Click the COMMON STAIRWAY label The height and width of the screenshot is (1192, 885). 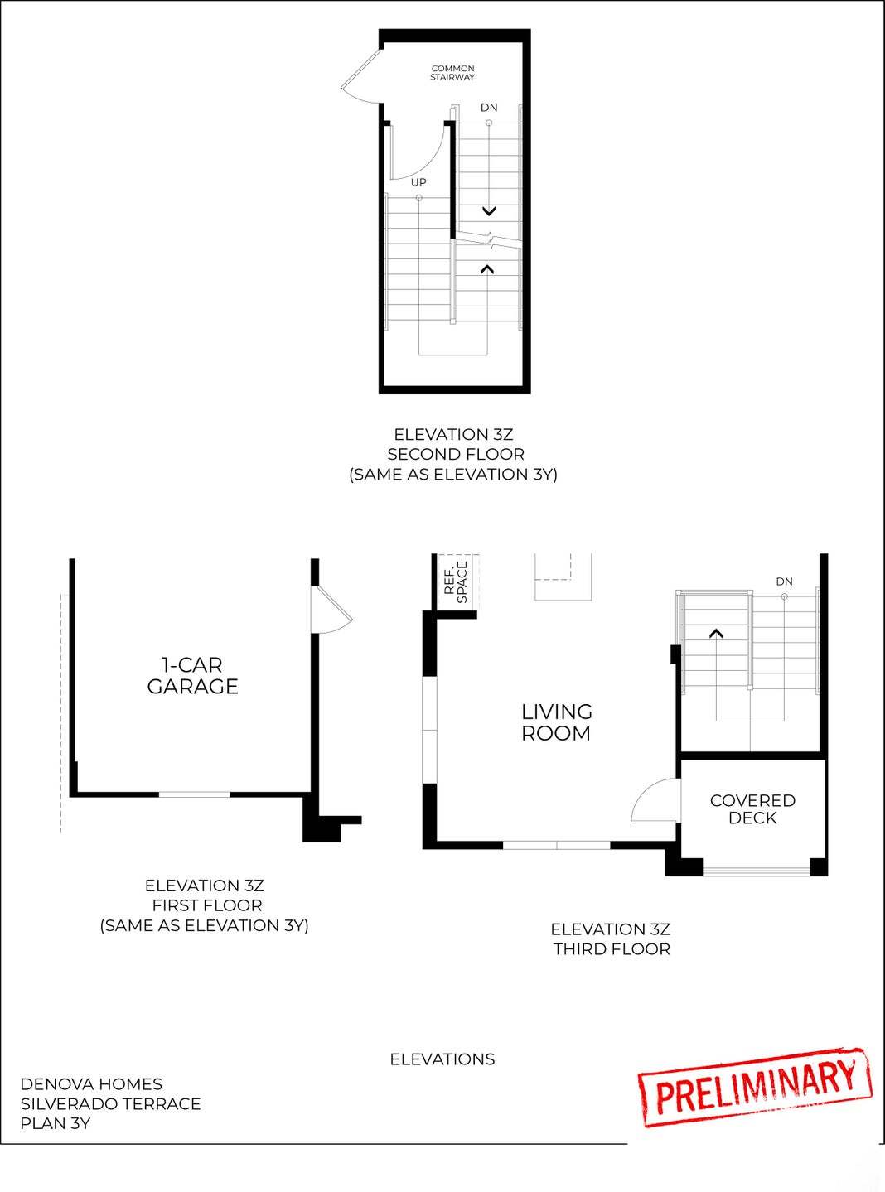point(452,73)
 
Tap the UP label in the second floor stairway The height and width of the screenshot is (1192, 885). point(418,182)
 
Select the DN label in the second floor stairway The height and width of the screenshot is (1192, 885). point(489,108)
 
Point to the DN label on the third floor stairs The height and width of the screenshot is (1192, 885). point(784,582)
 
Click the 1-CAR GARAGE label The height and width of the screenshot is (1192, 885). point(192,676)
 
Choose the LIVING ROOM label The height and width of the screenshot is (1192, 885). point(556,722)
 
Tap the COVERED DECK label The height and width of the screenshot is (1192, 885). point(752,809)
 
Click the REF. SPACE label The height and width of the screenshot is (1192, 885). point(456,582)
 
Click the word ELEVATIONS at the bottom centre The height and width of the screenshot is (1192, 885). point(442,1059)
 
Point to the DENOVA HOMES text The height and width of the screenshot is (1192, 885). point(91,1084)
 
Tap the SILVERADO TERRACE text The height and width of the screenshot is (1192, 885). point(110,1104)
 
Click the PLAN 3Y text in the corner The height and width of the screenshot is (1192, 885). point(56,1124)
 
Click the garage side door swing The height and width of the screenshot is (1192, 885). point(331,611)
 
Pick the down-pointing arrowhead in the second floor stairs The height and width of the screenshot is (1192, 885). point(489,211)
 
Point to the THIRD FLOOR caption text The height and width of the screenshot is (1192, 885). point(612,949)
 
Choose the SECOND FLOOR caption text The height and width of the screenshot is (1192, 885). point(456,454)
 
